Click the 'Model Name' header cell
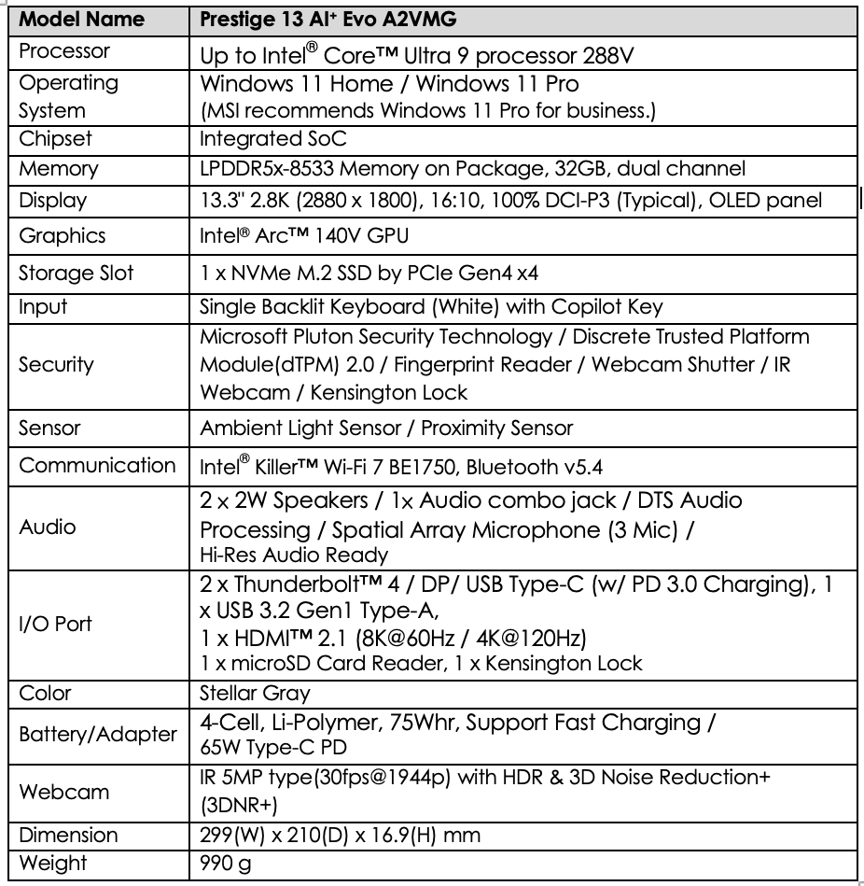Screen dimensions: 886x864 click(x=81, y=19)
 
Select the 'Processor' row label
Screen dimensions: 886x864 click(x=64, y=51)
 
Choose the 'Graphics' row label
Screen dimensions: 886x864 click(x=63, y=236)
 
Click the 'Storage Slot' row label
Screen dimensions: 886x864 click(x=77, y=274)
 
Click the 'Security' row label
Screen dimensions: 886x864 click(x=56, y=364)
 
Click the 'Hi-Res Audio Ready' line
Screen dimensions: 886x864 click(x=294, y=555)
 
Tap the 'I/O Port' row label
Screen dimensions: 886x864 click(x=56, y=623)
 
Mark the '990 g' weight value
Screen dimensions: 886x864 click(x=226, y=864)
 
